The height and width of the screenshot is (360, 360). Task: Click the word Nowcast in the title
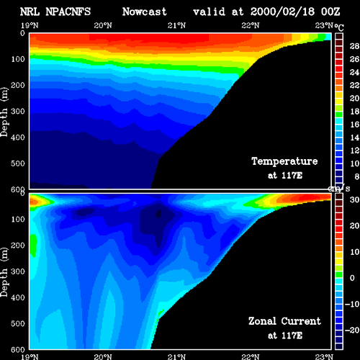coord(144,12)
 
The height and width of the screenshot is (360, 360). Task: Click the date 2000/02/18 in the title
coord(282,12)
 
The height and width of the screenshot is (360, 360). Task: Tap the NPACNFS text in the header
coord(68,12)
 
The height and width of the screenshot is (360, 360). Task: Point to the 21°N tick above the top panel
coord(176,25)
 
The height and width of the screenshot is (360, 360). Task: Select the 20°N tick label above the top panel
coord(103,25)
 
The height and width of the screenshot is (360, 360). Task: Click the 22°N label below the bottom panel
coord(251,357)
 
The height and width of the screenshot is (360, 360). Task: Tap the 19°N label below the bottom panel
coord(30,357)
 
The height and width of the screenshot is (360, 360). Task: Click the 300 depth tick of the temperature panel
coord(18,111)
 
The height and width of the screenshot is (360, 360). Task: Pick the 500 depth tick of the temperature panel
coord(18,163)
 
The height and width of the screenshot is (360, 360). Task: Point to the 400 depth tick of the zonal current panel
coord(18,297)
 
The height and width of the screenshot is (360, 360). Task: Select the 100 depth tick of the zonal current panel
coord(18,219)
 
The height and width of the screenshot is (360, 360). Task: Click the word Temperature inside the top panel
coord(284,161)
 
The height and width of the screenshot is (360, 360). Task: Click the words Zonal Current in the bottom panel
coord(284,321)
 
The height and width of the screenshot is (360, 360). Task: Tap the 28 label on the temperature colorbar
coord(354,46)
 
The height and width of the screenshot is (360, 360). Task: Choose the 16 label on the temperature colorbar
coord(354,125)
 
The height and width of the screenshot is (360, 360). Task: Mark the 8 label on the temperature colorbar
coord(356,176)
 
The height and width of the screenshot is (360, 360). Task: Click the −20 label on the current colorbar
coord(352,330)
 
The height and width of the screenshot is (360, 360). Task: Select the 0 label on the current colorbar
coord(352,278)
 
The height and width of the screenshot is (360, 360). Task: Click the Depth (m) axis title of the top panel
coord(4,112)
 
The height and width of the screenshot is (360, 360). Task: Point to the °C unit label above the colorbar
coord(339,27)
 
